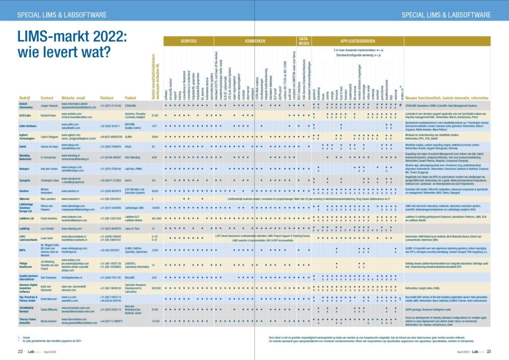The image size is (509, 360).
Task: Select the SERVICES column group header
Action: pyautogui.click(x=188, y=41)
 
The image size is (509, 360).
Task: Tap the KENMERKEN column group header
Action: pyautogui.click(x=254, y=41)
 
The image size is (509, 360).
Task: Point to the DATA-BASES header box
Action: pyautogui.click(x=303, y=41)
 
